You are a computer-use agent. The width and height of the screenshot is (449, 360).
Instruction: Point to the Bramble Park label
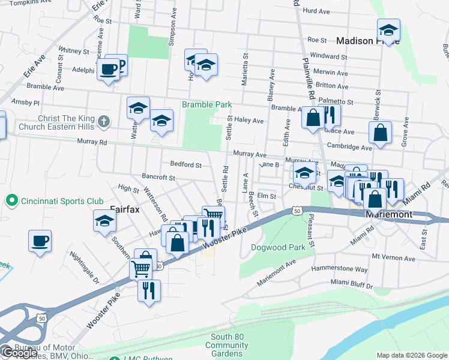[207, 104]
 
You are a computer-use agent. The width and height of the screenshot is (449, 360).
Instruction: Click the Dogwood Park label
[278, 247]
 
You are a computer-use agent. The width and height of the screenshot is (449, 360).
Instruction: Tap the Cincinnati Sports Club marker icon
[11, 199]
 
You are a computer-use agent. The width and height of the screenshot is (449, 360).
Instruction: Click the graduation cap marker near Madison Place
[388, 30]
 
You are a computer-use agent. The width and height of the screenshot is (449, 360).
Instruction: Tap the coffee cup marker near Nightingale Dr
[40, 241]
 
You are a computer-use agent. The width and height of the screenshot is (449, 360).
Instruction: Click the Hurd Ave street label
[317, 11]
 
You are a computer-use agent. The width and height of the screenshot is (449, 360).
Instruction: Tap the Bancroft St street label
[158, 178]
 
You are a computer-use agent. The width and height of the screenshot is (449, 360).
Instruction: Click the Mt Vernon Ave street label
[393, 257]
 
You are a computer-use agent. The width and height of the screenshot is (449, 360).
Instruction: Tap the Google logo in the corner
[19, 353]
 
